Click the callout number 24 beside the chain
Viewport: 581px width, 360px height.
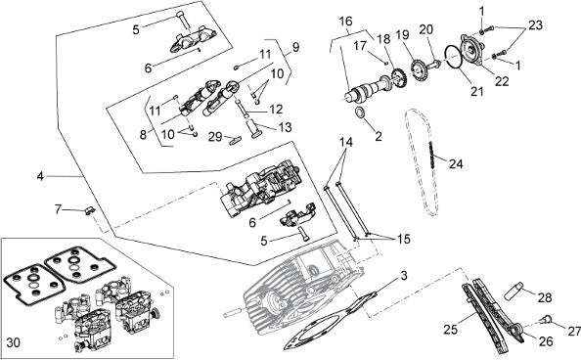click(456, 163)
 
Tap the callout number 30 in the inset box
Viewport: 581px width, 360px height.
click(13, 342)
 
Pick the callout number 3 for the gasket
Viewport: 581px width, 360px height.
click(404, 276)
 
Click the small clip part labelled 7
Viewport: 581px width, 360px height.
click(90, 210)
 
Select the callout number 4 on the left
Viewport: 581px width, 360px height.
click(40, 176)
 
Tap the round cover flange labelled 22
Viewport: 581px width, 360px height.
click(470, 50)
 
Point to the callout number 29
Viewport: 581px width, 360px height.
click(215, 136)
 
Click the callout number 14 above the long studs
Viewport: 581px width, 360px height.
click(346, 142)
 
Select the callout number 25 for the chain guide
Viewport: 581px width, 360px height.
click(451, 329)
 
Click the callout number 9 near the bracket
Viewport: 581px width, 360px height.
click(295, 48)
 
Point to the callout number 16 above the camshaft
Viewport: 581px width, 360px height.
click(345, 22)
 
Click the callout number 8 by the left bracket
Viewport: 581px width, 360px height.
click(144, 135)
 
